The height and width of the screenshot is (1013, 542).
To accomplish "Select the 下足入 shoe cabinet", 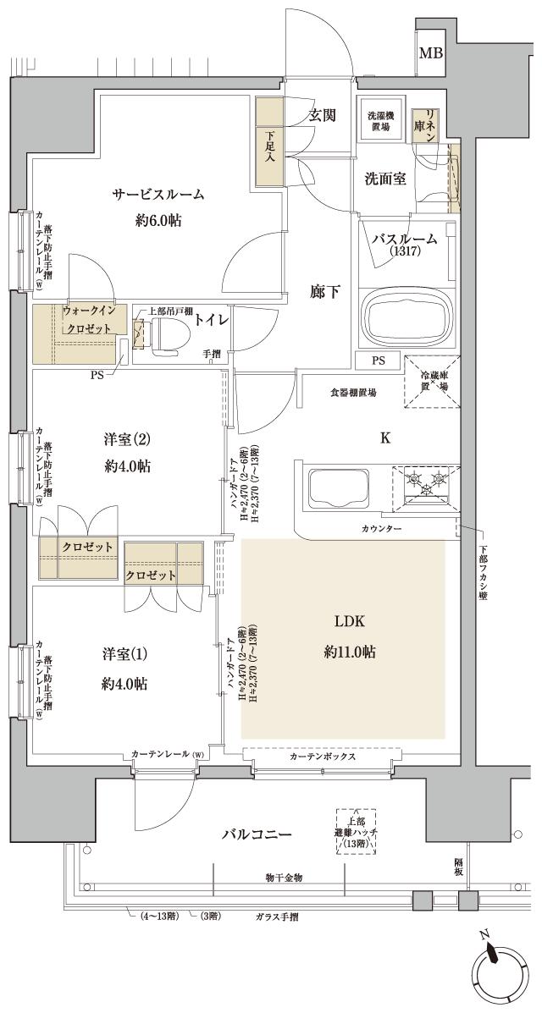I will tap(269, 143).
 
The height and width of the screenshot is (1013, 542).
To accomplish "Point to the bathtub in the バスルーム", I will tap(409, 316).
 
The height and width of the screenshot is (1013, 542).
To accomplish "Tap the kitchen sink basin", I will tap(338, 490).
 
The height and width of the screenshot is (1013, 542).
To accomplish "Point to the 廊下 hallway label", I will tap(325, 293).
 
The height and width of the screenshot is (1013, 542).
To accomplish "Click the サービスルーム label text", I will tap(158, 195).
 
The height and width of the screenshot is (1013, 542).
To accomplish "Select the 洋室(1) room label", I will tap(124, 654).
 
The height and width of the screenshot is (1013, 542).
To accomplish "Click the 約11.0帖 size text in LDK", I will tap(350, 652).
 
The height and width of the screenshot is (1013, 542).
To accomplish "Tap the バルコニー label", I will tap(257, 834).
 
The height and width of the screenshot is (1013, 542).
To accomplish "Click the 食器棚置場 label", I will tap(353, 393).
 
